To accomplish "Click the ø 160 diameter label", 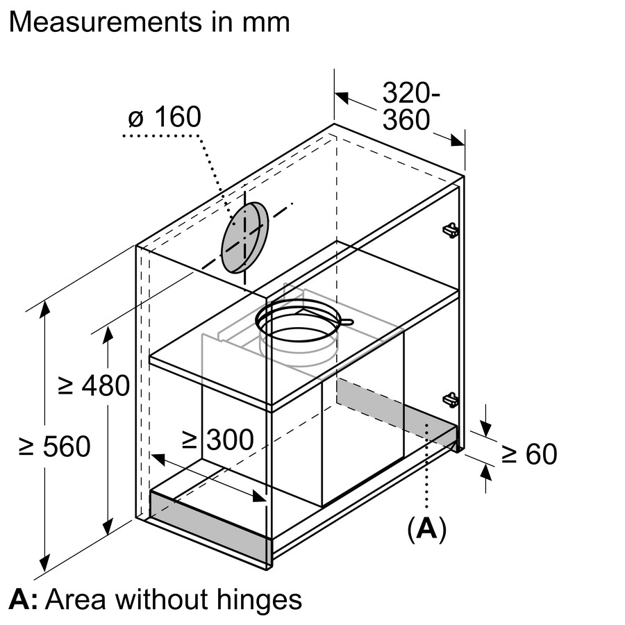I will click(165, 117).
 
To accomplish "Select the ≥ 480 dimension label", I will click(94, 385).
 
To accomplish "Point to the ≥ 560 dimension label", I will click(54, 447).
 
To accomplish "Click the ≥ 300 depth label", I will click(217, 439).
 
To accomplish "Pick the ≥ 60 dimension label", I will click(529, 454).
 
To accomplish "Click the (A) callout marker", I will click(426, 529).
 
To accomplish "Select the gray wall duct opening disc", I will click(244, 237).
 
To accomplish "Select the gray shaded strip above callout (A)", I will click(396, 412).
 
